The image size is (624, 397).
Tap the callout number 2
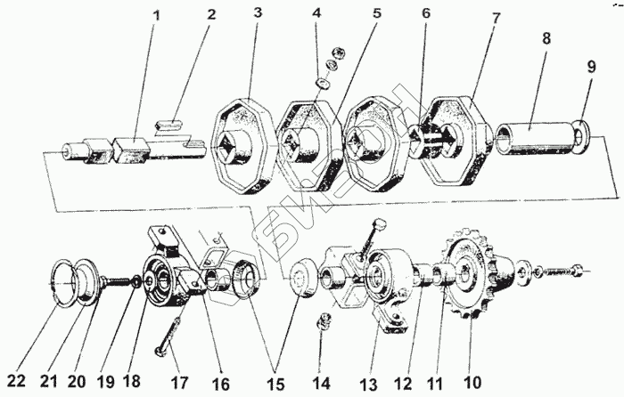point(210,15)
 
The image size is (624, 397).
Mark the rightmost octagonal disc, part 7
point(455,142)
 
